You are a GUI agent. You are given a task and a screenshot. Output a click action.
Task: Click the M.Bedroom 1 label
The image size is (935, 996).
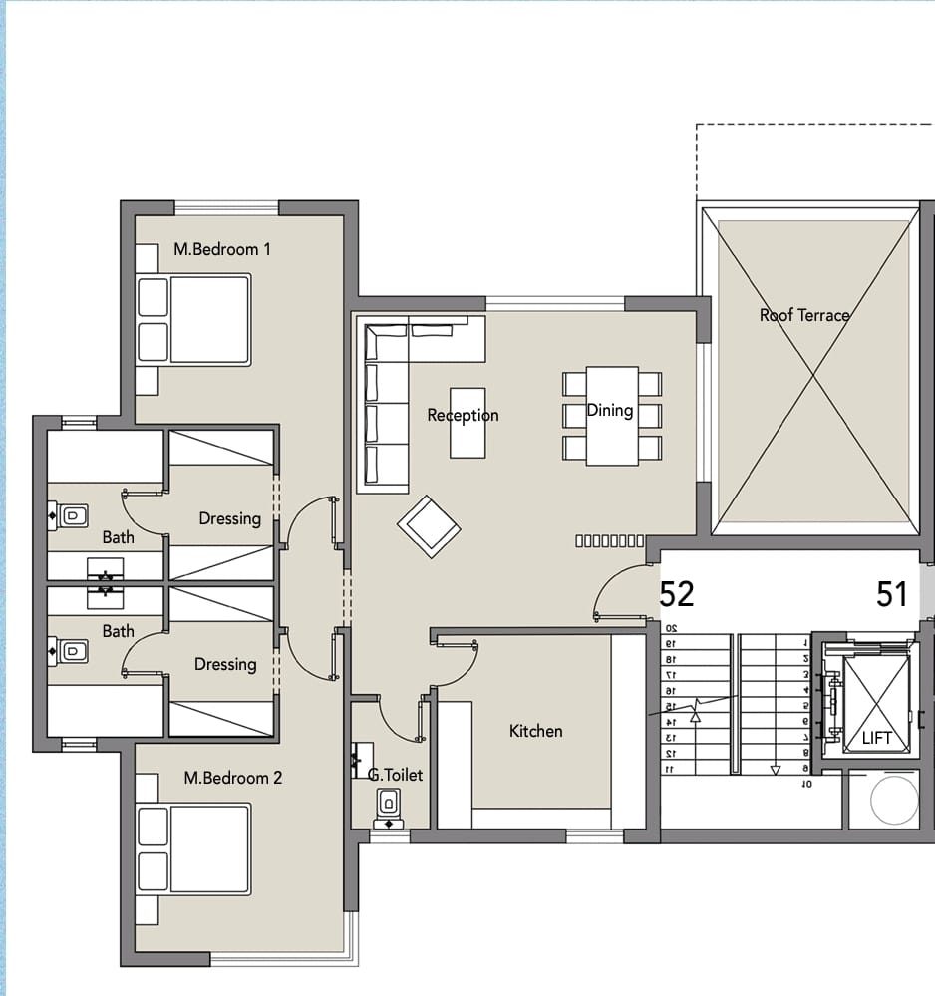coord(222,249)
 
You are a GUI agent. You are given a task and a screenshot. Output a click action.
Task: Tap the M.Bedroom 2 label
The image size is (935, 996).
coord(233,778)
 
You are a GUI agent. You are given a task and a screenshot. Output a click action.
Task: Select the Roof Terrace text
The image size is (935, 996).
coord(804,315)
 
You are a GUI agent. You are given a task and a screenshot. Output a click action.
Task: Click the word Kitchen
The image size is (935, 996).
coord(536,731)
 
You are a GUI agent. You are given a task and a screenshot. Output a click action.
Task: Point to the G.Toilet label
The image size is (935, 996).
coord(395,775)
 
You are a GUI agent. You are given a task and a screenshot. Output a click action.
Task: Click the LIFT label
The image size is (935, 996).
coord(877,738)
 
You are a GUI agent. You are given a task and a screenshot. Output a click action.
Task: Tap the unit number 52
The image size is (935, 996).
coord(677,594)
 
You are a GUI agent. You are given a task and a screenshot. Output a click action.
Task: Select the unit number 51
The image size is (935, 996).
coord(892,594)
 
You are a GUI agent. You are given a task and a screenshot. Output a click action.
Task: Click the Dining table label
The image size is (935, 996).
coord(610,411)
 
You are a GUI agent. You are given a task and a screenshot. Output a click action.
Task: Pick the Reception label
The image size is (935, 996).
coord(464,416)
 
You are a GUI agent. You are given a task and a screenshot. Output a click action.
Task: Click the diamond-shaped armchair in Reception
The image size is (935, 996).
coord(429,526)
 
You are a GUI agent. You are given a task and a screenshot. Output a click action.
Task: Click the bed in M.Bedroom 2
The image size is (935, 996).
coord(193,849)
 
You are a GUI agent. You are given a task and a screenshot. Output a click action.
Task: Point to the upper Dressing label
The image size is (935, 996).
coord(230,519)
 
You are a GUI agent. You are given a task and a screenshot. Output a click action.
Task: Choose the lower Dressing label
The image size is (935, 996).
coord(225,664)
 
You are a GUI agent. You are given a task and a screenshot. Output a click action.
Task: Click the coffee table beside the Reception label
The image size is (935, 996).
coord(467,423)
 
